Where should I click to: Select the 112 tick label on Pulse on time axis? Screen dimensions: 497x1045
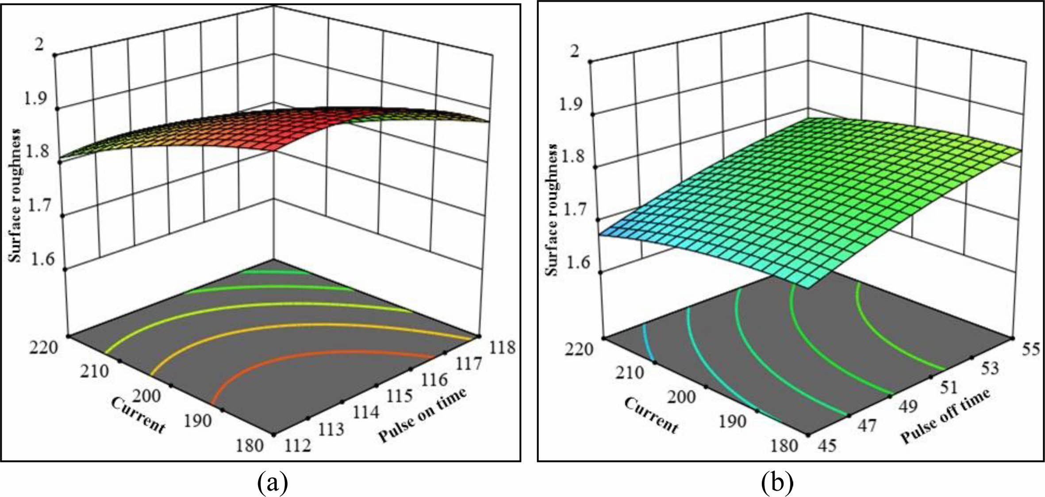click(x=297, y=445)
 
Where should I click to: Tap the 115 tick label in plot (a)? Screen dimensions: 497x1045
click(x=400, y=396)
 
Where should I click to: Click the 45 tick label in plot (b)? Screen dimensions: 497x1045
click(x=827, y=445)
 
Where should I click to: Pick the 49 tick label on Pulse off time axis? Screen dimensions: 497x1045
click(x=907, y=406)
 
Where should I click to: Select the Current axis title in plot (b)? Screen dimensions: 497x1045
click(x=651, y=415)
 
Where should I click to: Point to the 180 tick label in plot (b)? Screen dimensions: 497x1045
click(x=784, y=445)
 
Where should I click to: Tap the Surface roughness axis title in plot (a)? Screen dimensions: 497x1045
click(x=15, y=195)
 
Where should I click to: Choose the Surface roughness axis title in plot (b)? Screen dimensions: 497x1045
click(x=552, y=209)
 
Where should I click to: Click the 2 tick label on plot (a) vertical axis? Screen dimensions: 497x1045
click(x=39, y=45)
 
